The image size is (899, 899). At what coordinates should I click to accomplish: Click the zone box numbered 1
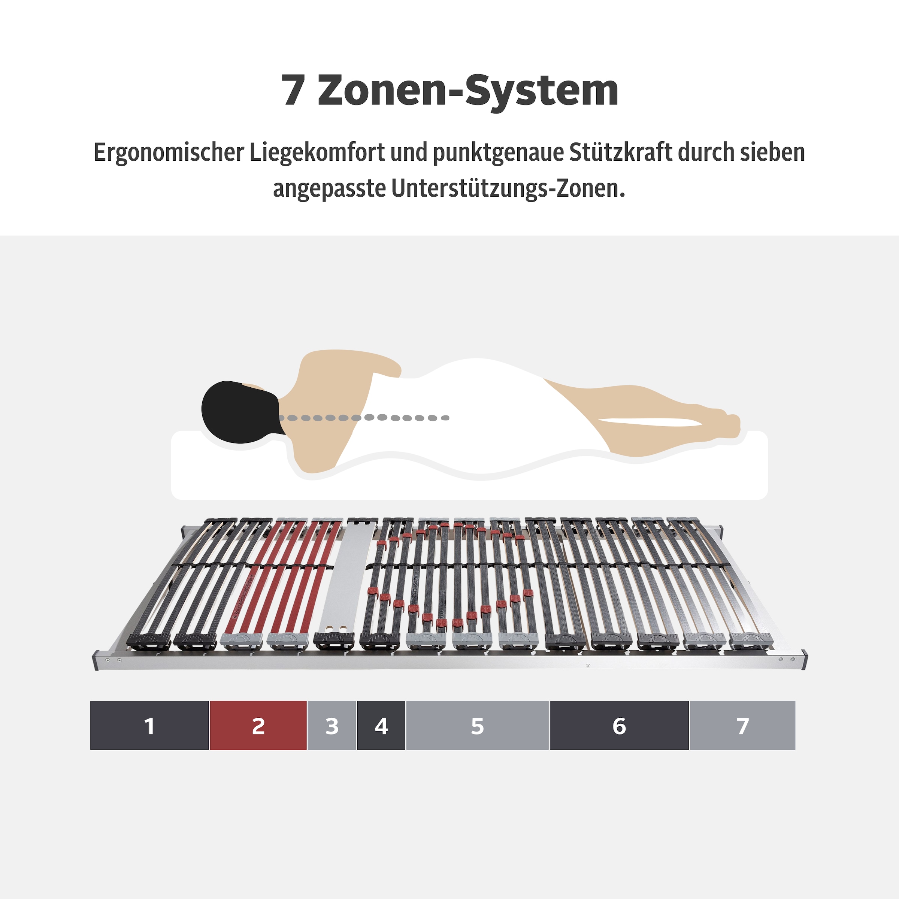[149, 726]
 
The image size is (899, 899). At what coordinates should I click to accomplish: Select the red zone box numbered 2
[258, 726]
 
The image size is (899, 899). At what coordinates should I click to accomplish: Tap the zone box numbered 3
[332, 726]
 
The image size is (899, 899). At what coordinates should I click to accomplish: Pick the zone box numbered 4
[381, 726]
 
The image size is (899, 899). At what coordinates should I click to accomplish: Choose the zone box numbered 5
[478, 726]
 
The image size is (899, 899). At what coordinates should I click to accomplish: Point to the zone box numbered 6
[619, 726]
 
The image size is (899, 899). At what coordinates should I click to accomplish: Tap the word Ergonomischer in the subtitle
[169, 152]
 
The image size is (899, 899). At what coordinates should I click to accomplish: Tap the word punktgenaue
[498, 152]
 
